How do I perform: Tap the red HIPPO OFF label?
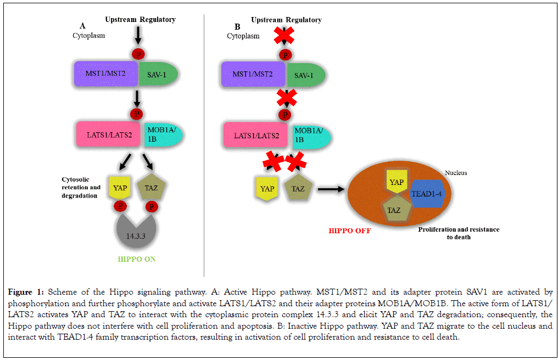pos(349,231)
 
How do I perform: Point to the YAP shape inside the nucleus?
pos(397,183)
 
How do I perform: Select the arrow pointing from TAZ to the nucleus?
pos(331,189)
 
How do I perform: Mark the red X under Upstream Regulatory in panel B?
pos(284,35)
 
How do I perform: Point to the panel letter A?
pos(82,25)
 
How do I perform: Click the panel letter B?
pos(237,26)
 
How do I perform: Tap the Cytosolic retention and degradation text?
pos(81,188)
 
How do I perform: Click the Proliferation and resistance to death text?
pos(459,233)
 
